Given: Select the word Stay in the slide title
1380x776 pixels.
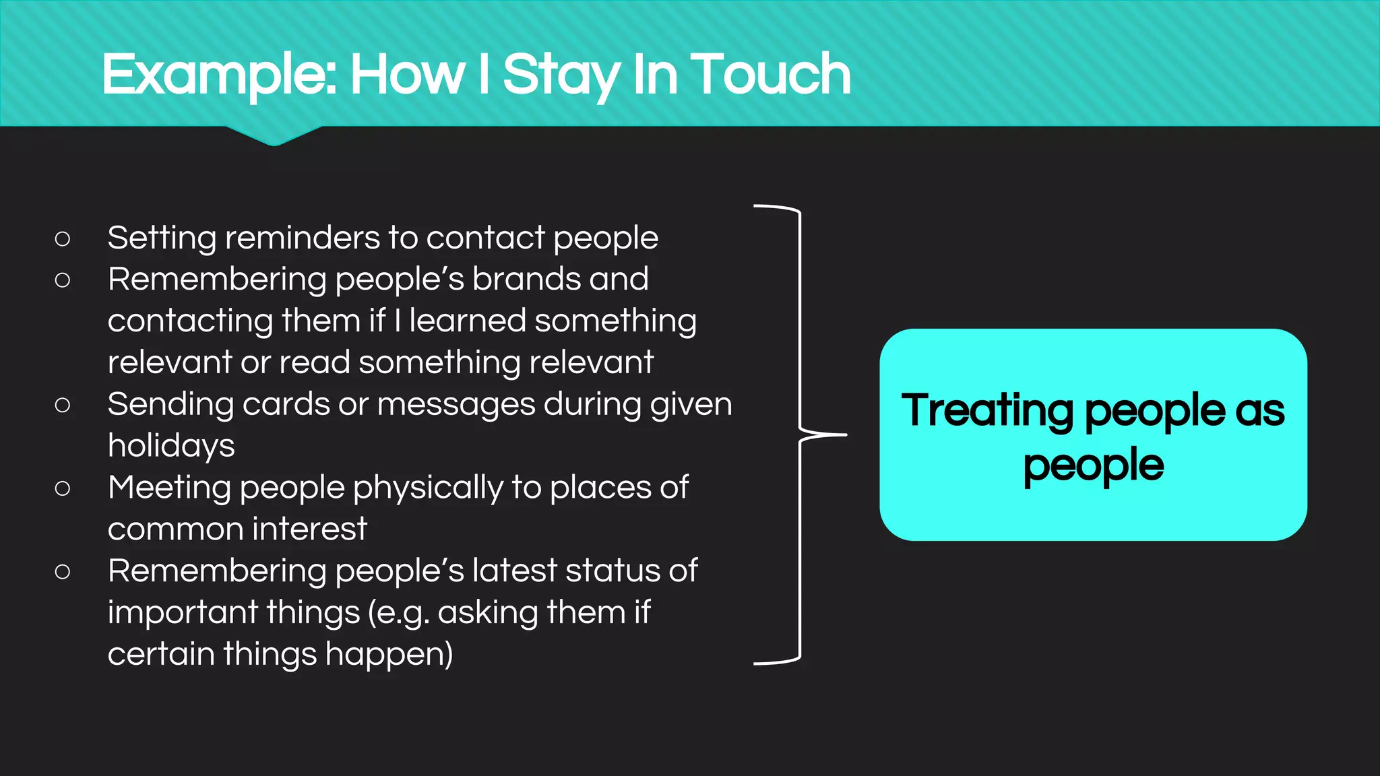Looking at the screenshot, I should tap(561, 75).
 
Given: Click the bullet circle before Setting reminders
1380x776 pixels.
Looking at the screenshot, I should tap(63, 238).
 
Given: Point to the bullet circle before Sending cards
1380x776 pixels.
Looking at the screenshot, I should tap(63, 405).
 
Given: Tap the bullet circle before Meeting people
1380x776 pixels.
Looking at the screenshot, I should tap(63, 488).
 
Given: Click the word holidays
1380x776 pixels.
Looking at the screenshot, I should tap(171, 447).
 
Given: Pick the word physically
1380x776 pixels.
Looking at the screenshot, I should tap(428, 488).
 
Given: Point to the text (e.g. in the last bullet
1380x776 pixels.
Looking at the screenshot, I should tap(399, 614).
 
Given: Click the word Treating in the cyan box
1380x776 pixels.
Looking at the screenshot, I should tap(987, 411).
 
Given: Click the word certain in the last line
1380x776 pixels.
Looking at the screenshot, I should tap(161, 655).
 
